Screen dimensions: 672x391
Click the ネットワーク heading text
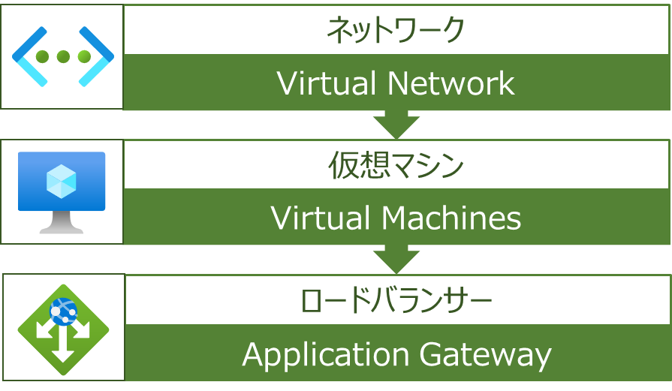point(395,30)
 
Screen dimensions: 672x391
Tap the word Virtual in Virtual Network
point(328,83)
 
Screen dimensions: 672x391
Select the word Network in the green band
point(451,83)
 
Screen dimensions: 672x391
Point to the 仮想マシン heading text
point(396,165)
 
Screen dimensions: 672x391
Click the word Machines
point(451,218)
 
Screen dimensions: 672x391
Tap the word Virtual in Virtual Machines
point(321,218)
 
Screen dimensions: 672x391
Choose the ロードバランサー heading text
point(396,300)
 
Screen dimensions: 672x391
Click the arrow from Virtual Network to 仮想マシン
point(396,124)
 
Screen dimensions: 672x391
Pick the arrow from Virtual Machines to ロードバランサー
point(396,259)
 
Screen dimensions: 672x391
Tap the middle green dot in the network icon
point(63,56)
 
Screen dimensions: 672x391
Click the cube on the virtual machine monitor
point(62,181)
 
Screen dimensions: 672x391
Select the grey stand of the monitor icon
point(62,222)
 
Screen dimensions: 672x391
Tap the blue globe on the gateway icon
point(63,311)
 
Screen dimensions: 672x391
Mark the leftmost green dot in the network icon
point(42,56)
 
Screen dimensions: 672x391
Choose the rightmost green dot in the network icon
point(84,56)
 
